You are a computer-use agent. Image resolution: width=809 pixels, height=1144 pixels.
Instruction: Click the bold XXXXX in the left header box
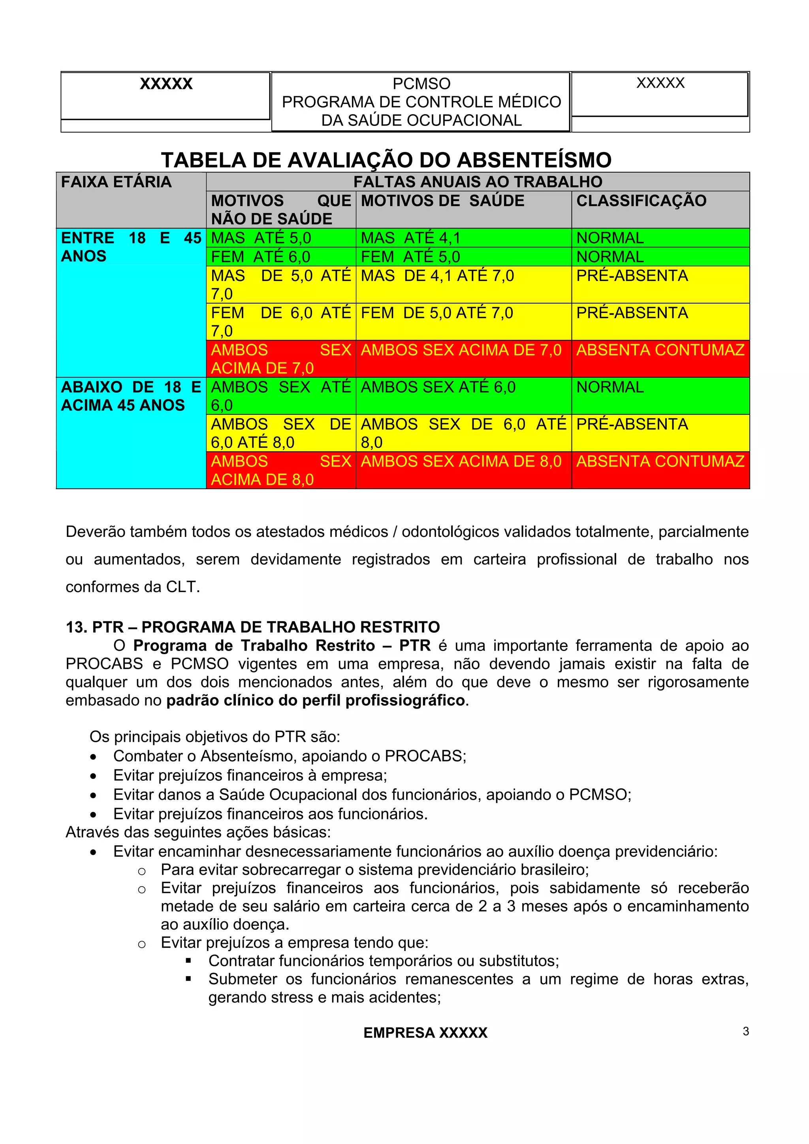click(x=166, y=84)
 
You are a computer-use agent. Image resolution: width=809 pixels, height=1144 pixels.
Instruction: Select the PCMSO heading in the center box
click(x=421, y=84)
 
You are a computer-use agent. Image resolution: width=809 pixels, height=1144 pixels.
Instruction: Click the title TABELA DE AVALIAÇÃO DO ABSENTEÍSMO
click(x=386, y=160)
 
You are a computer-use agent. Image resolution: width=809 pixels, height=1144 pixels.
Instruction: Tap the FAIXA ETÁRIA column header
click(x=116, y=182)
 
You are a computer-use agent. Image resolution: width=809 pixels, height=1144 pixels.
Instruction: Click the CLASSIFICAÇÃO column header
click(x=641, y=201)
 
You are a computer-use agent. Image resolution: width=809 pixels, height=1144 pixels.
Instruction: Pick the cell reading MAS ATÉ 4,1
click(x=411, y=238)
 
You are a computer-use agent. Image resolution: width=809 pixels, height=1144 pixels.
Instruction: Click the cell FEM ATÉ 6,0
click(x=261, y=257)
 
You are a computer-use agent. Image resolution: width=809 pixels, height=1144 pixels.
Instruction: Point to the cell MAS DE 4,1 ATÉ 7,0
click(x=437, y=276)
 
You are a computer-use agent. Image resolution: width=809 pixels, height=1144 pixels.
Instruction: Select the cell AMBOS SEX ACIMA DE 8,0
click(x=461, y=461)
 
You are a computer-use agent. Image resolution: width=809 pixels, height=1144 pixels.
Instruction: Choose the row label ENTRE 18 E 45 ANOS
click(x=131, y=247)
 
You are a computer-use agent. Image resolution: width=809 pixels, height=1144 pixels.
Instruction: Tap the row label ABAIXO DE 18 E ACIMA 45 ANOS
click(x=131, y=396)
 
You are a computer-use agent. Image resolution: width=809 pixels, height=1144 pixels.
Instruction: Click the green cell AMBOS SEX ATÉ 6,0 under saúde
click(x=438, y=387)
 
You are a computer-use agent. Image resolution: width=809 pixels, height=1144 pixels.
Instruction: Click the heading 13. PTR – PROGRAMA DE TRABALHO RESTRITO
click(x=253, y=627)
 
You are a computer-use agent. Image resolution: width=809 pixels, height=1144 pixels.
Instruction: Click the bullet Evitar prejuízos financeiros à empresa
click(x=250, y=775)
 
